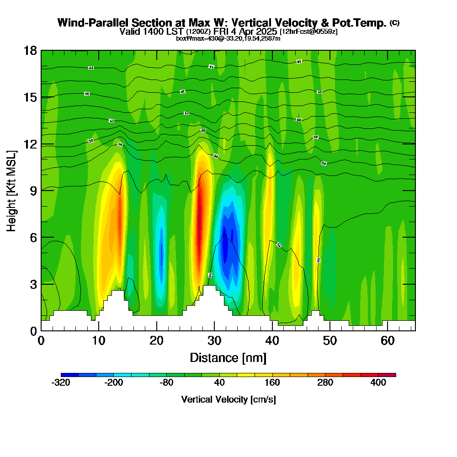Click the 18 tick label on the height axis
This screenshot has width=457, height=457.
point(30,50)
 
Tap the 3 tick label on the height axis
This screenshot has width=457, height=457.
point(33,284)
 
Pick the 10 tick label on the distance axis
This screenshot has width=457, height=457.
point(99,341)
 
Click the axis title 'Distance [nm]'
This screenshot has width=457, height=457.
point(228,357)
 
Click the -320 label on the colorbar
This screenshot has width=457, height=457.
point(61,383)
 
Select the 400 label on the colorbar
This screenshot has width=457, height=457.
point(378,383)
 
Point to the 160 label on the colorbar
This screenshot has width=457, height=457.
point(272,383)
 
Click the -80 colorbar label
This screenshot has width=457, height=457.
point(167,383)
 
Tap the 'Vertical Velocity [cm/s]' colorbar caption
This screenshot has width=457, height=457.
point(228,399)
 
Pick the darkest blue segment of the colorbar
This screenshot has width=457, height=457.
point(69,375)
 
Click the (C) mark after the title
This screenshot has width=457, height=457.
point(395,23)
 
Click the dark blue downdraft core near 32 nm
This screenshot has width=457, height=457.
point(230,247)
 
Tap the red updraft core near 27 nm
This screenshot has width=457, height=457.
point(199,215)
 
